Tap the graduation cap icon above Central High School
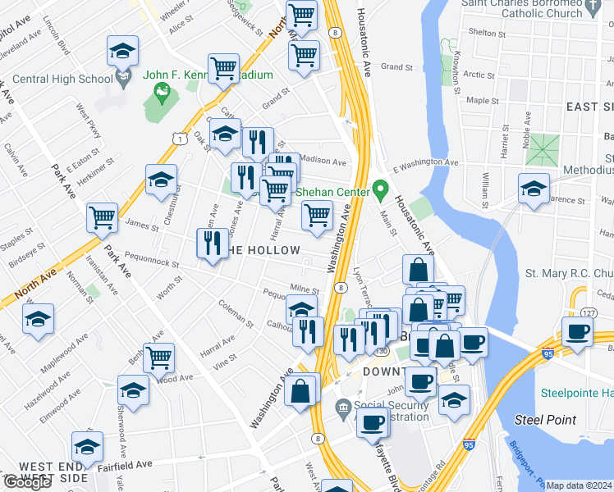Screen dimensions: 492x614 [122, 52]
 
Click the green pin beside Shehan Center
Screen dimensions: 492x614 [379, 190]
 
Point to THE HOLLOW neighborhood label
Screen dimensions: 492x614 [261, 249]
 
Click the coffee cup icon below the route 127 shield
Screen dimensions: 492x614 [577, 332]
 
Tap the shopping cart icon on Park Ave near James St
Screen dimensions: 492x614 [103, 218]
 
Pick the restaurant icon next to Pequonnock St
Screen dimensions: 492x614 [212, 244]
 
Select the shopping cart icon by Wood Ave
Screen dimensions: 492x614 [158, 358]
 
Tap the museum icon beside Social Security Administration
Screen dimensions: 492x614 [342, 407]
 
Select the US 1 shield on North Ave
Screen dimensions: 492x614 [178, 140]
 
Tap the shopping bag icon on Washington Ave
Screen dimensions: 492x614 [301, 391]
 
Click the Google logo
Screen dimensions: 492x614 [27, 482]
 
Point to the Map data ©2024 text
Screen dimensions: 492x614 [579, 485]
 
